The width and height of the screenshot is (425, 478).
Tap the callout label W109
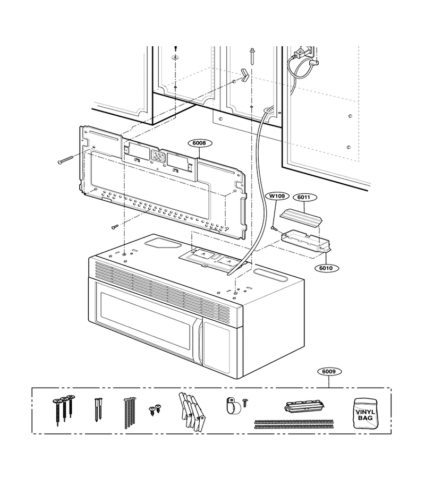pos(277,196)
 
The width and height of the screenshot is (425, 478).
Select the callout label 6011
pos(304,197)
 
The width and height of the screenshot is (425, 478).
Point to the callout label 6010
pos(326,268)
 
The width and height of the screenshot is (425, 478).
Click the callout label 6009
pos(329,371)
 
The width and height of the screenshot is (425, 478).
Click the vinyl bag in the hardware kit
pos(365,413)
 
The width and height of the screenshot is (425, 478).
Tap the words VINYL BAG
pos(365,415)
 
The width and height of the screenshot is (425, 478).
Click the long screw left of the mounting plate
pos(65,159)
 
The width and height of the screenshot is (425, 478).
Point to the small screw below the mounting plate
pos(115,227)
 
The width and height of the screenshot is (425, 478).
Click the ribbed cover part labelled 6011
pos(301,218)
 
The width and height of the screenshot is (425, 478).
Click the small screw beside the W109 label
pos(274,227)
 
